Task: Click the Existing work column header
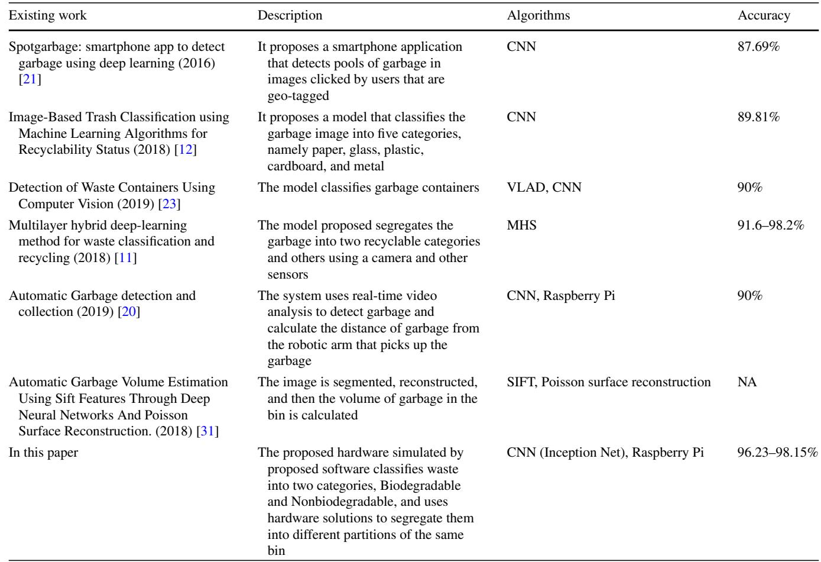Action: click(47, 16)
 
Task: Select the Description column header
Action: click(290, 16)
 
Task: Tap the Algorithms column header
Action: click(538, 16)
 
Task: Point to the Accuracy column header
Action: click(764, 16)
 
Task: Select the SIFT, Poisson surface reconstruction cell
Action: click(609, 382)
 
